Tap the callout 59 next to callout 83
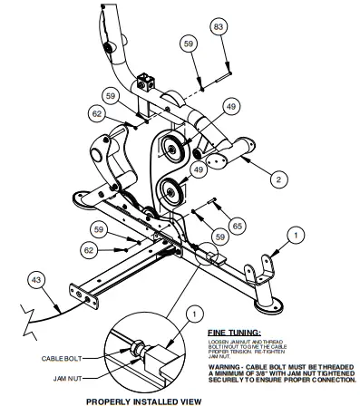tap(188, 42)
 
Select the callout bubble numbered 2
tap(278, 179)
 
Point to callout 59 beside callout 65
tap(219, 237)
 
